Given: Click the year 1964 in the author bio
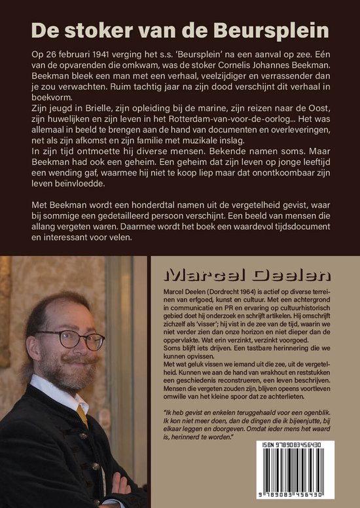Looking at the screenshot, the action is click(241, 289).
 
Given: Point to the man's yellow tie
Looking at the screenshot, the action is click(81, 412).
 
